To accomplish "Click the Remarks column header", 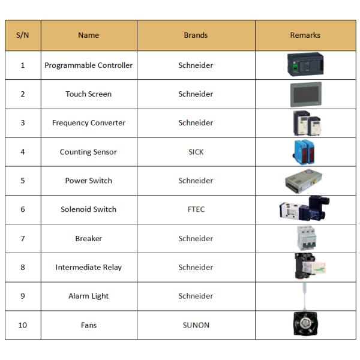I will point(305,35).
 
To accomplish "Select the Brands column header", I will point(196,35).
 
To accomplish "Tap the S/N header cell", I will point(23,35).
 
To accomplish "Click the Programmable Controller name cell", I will point(88,65).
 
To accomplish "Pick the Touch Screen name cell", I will point(88,94).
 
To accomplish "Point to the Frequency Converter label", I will point(88,123).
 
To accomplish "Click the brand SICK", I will point(196,152).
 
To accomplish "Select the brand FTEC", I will point(196,209).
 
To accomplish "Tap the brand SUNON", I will point(196,325).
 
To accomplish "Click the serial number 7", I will point(23,238).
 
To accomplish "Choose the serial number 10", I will point(23,325).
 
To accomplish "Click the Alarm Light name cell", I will point(88,296).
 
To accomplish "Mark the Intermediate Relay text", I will point(88,267).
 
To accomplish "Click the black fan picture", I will point(305,325).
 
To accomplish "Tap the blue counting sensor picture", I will point(305,152).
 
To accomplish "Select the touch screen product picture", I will point(305,94).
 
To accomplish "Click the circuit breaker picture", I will point(305,238).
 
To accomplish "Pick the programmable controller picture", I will point(305,64).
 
